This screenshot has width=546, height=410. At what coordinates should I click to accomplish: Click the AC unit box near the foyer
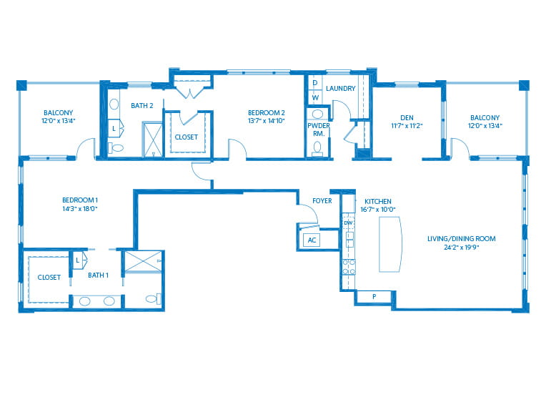[x=312, y=240]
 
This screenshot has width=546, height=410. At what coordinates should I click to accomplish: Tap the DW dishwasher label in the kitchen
[x=348, y=223]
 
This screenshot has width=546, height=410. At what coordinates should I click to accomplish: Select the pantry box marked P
[x=374, y=297]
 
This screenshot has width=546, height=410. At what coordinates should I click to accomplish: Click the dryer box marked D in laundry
[x=314, y=82]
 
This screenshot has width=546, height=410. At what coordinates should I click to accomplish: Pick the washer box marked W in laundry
[x=314, y=97]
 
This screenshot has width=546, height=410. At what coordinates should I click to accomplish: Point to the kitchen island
[x=390, y=244]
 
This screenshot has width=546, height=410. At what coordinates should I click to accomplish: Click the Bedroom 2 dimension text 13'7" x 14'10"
[x=267, y=121]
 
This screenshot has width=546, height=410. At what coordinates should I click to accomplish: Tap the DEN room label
[x=407, y=118]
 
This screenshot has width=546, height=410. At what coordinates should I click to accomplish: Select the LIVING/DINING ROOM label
[x=462, y=239]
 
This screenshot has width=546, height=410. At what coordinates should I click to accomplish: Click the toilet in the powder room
[x=317, y=148]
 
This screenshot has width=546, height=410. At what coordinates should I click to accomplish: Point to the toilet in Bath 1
[x=153, y=299]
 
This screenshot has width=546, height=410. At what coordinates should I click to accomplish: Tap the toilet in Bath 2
[x=116, y=148]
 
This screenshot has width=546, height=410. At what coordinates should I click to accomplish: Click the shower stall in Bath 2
[x=152, y=139]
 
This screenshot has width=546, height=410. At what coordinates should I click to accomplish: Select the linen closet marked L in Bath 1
[x=80, y=260]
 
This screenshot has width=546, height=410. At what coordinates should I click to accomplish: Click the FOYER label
[x=322, y=201]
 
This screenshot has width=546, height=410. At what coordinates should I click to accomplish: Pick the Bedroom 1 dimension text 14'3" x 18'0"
[x=80, y=209]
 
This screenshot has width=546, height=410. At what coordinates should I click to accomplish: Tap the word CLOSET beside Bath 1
[x=49, y=277]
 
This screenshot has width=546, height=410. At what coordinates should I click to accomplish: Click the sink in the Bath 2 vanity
[x=114, y=104]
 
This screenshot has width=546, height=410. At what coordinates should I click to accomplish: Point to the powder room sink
[x=317, y=114]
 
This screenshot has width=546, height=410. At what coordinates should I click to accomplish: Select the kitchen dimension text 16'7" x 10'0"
[x=378, y=210]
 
